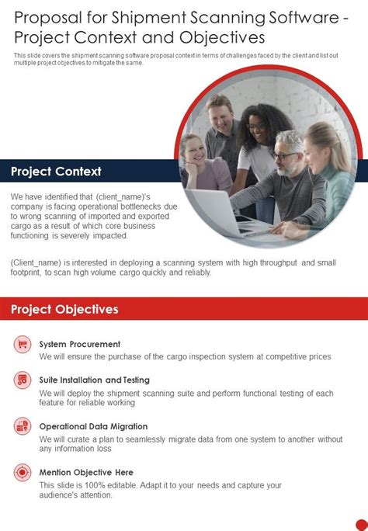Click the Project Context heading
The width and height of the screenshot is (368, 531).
click(x=56, y=171)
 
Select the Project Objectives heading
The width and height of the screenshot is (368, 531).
click(x=64, y=309)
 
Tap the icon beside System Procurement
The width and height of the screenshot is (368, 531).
click(x=23, y=343)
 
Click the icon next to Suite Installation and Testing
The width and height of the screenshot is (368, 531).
click(x=23, y=380)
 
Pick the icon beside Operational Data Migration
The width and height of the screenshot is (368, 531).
click(x=23, y=426)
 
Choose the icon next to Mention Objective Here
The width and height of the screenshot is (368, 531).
click(x=23, y=472)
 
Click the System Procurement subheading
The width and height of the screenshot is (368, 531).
click(x=80, y=344)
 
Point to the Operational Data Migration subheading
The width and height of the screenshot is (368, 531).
click(x=93, y=426)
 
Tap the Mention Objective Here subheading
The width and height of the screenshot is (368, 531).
click(x=86, y=472)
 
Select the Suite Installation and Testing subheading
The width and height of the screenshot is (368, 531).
click(x=95, y=380)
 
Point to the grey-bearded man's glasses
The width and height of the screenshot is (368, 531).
click(x=284, y=155)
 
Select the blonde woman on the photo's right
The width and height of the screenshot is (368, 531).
click(x=327, y=167)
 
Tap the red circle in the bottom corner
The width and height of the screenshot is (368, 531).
click(x=359, y=525)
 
